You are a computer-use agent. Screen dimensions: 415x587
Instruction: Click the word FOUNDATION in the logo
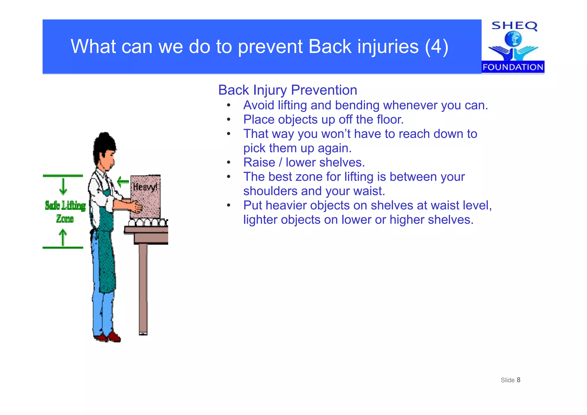point(513,67)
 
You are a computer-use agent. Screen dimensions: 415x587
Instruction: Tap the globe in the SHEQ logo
point(513,38)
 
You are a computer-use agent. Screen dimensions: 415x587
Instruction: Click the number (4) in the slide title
point(437,46)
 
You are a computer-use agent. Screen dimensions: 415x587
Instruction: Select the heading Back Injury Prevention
point(287,90)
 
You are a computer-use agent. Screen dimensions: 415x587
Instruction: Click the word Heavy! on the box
point(145,187)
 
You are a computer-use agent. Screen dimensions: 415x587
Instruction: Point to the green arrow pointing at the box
point(123,181)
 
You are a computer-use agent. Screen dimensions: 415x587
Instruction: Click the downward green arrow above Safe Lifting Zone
point(63,186)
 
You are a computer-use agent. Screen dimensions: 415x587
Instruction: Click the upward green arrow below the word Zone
point(63,237)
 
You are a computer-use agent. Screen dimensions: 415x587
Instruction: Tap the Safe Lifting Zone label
point(65,212)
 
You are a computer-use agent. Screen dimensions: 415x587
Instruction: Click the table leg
point(143,289)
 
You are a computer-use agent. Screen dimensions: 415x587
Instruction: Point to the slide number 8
point(518,380)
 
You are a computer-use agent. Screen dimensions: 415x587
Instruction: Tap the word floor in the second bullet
point(390,120)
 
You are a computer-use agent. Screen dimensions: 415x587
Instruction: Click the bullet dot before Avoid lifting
point(228,105)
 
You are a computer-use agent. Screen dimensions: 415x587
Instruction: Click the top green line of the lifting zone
point(63,176)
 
